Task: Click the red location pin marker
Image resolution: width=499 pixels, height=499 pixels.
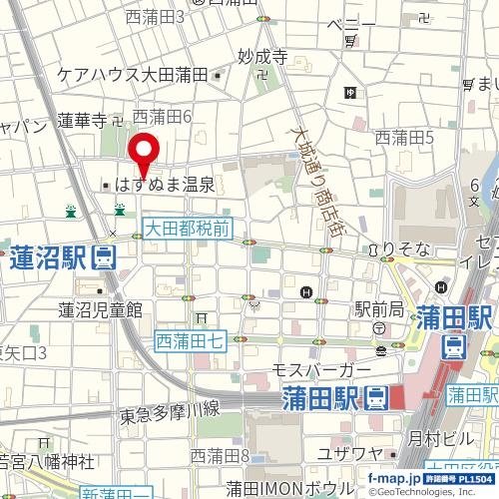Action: pyautogui.click(x=146, y=154)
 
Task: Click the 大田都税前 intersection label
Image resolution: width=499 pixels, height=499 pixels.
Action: pyautogui.click(x=187, y=230)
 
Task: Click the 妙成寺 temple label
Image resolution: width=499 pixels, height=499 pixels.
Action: pyautogui.click(x=263, y=57)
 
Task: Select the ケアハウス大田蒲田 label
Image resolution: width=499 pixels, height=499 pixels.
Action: pyautogui.click(x=132, y=75)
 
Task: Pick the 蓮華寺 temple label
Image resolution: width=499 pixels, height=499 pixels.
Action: pyautogui.click(x=82, y=121)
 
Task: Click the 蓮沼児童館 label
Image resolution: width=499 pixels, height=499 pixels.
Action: pyautogui.click(x=100, y=308)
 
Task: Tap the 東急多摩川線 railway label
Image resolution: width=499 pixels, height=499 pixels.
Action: pyautogui.click(x=169, y=410)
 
